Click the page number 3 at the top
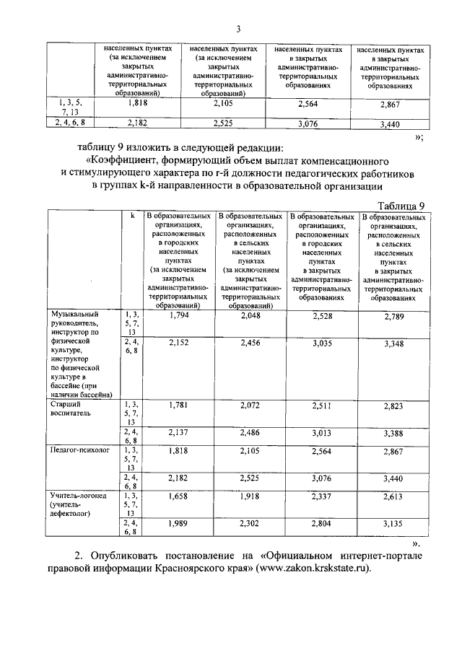pos(237,30)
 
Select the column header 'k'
pos(132,216)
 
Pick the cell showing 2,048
pos(250,315)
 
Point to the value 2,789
pos(395,316)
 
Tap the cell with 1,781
pos(178,406)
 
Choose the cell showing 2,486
pos(250,433)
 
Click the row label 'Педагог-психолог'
pos(78,448)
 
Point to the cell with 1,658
pos(178,497)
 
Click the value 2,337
pos(322,497)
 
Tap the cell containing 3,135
pos(395,525)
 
